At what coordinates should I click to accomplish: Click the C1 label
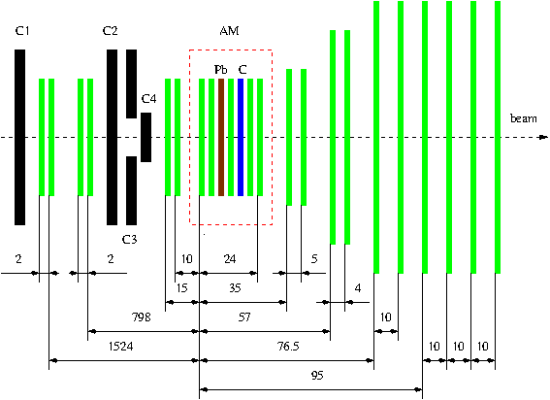pos(22,31)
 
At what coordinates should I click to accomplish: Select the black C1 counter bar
pos(20,137)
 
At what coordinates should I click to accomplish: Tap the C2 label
pos(110,31)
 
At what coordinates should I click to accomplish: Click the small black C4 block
pos(146,137)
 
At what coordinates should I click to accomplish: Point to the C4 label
pos(148,99)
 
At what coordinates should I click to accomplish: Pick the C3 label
pos(129,240)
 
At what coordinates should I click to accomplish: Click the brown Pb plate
pos(221,137)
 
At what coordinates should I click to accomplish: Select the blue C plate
pos(241,137)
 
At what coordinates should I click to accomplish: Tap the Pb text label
pos(221,70)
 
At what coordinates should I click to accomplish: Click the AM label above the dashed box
pos(229,31)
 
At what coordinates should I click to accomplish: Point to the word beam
pos(524,118)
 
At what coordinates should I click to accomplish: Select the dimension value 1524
pos(121,347)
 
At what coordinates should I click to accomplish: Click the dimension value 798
pos(141,317)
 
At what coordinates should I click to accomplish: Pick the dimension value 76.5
pos(288,347)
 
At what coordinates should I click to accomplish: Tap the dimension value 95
pos(317,376)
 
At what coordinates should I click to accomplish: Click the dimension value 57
pos(244,317)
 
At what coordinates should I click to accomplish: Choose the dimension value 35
pos(235,288)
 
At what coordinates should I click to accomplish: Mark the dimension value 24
pos(230,259)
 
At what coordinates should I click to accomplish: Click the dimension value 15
pos(181,288)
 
